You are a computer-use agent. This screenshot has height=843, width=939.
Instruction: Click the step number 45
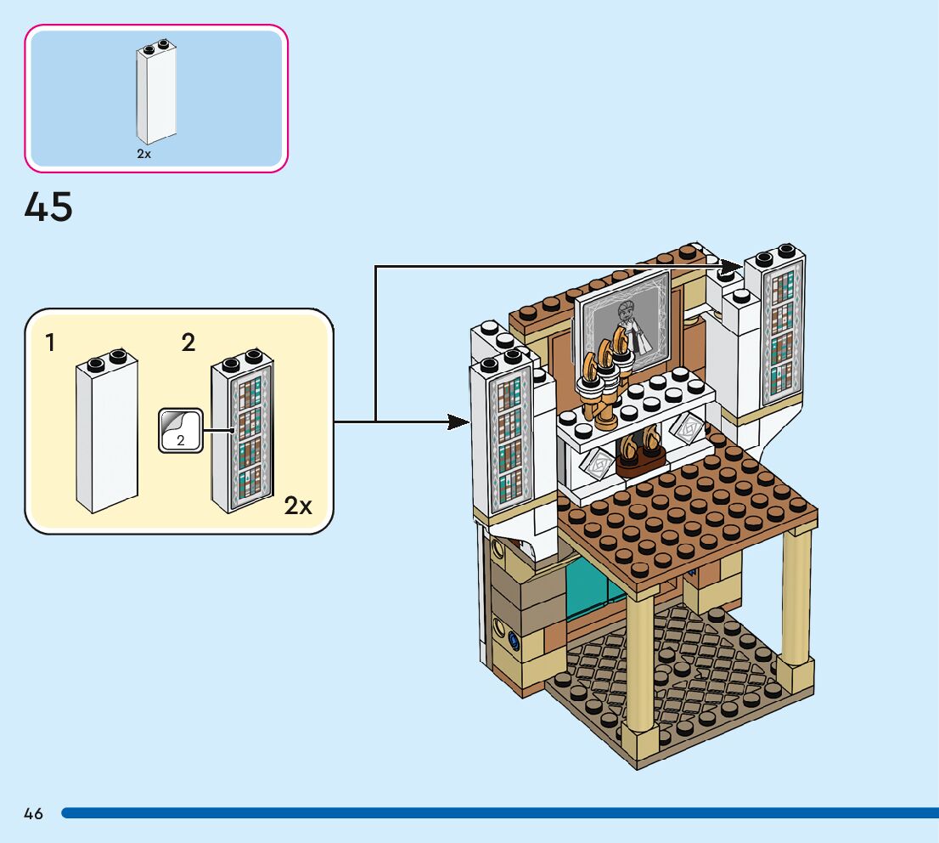[48, 207]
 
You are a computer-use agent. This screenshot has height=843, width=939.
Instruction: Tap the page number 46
[33, 814]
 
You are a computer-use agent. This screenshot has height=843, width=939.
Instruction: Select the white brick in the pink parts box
[157, 93]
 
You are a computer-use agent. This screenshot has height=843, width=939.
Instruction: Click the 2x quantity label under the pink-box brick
[143, 155]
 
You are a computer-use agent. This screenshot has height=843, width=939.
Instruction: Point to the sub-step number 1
[51, 342]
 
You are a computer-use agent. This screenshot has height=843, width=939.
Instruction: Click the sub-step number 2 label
[188, 342]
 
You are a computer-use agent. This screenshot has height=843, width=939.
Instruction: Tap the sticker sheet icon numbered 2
[180, 430]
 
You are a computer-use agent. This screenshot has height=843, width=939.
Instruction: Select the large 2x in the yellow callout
[298, 506]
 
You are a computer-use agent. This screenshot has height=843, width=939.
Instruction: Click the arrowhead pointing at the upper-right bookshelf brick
[731, 267]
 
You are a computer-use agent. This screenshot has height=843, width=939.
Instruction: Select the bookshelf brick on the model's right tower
[779, 327]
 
